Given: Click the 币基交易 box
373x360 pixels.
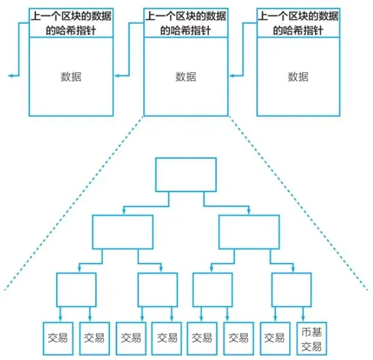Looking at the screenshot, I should pyautogui.click(x=312, y=338).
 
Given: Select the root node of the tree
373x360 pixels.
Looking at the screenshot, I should pyautogui.click(x=186, y=175).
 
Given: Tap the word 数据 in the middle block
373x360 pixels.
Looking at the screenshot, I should pyautogui.click(x=186, y=76).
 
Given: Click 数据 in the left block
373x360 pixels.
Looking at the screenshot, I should pyautogui.click(x=71, y=76).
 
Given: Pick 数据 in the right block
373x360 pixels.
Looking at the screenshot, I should pyautogui.click(x=298, y=76).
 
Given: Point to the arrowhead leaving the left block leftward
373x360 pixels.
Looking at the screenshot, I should pyautogui.click(x=10, y=76).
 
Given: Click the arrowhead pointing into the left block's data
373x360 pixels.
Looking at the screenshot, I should pyautogui.click(x=117, y=76).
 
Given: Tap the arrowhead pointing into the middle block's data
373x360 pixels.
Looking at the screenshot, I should pyautogui.click(x=231, y=76).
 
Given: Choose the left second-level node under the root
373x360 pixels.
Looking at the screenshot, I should pyautogui.click(x=123, y=232).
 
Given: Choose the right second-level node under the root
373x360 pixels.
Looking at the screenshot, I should pyautogui.click(x=249, y=232).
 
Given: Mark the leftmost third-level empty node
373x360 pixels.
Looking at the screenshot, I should pyautogui.click(x=77, y=290).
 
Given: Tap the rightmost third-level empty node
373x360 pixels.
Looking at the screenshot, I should pyautogui.click(x=291, y=290).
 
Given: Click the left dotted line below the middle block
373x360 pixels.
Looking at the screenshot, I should pyautogui.click(x=72, y=205).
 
